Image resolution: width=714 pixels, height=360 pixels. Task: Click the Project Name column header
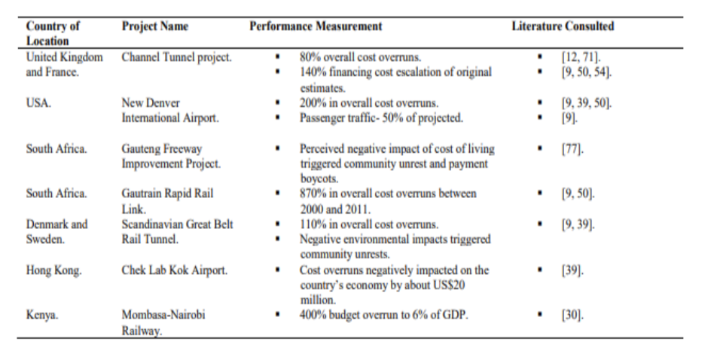point(155,26)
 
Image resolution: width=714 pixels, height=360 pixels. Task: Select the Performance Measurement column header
point(316,26)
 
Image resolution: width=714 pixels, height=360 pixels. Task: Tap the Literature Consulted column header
point(563,26)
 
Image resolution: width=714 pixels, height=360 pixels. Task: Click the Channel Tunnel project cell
point(177,57)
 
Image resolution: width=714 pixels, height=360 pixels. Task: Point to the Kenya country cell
point(42,316)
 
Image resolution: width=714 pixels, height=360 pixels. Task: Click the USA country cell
point(39,102)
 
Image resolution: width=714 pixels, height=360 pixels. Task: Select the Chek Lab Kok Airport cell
point(175,270)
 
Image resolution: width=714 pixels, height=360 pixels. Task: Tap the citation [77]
point(572,148)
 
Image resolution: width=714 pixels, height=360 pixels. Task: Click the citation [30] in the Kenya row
point(572,316)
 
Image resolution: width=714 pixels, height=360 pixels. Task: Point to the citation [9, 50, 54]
point(587,72)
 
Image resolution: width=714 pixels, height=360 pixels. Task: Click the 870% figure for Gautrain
point(313,194)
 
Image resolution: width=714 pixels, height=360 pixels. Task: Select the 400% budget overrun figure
point(313,316)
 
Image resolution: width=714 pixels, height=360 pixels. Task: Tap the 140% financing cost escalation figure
point(313,72)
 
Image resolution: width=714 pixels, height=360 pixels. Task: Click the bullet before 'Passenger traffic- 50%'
point(278,118)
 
